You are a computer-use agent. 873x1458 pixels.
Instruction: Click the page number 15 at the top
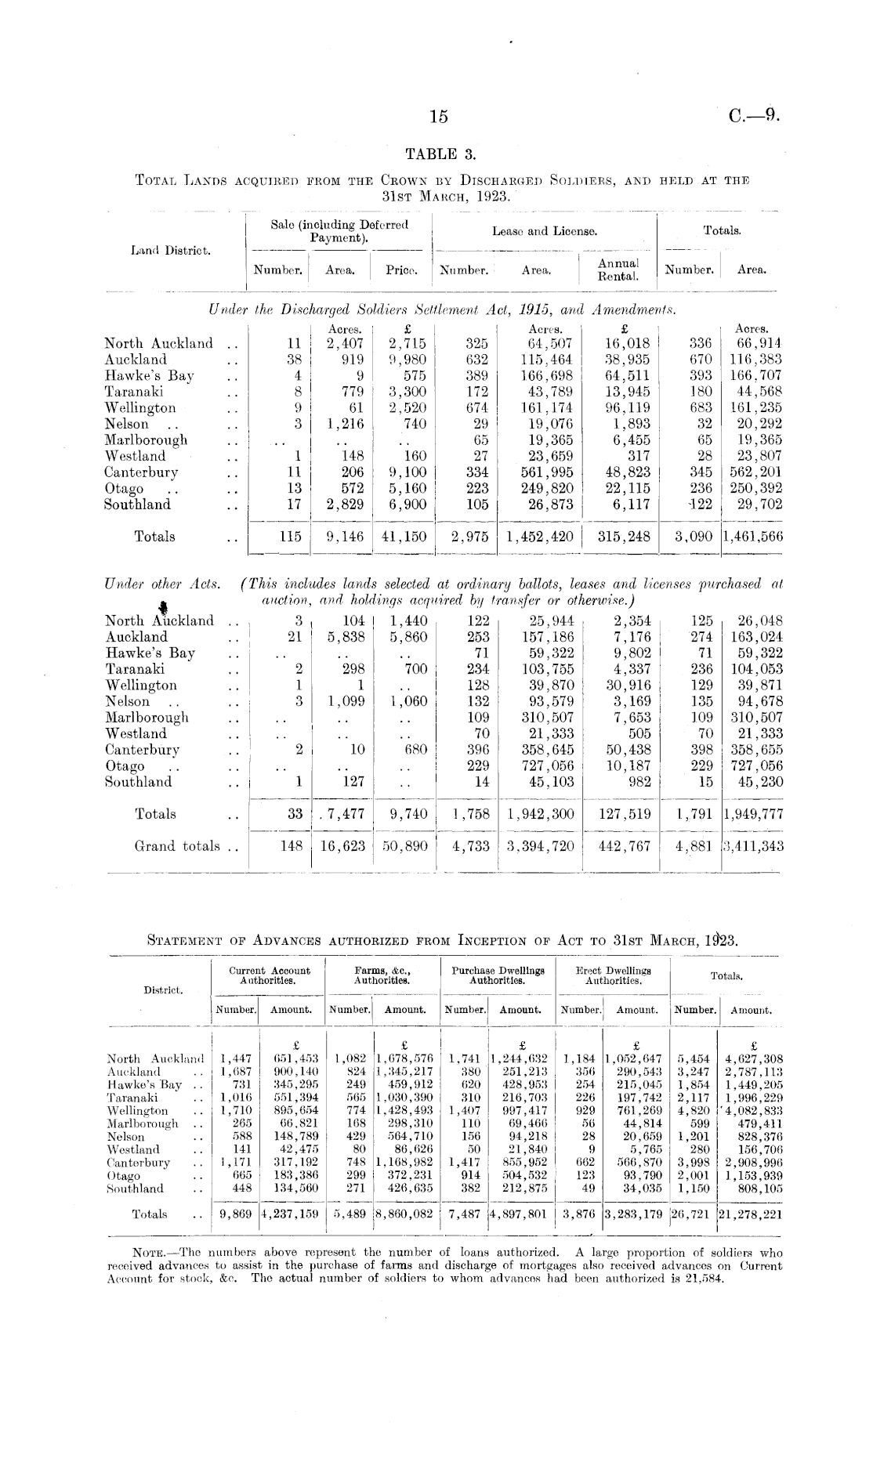pyautogui.click(x=439, y=117)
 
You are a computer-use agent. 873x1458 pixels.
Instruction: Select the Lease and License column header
pyautogui.click(x=545, y=231)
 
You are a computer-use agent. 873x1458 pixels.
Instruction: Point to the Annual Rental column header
pyautogui.click(x=618, y=270)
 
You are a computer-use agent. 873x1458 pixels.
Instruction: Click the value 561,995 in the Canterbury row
pyautogui.click(x=546, y=472)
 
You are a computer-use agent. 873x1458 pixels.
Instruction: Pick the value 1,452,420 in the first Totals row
pyautogui.click(x=540, y=537)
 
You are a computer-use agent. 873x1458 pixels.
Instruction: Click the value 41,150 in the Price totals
pyautogui.click(x=404, y=537)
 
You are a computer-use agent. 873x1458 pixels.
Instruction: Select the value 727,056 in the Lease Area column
pyautogui.click(x=547, y=765)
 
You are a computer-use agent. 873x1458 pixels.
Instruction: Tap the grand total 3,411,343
pyautogui.click(x=752, y=846)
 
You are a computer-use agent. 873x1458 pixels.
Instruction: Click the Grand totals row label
pyautogui.click(x=177, y=846)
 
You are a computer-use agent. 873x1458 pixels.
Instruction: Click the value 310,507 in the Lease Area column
pyautogui.click(x=547, y=717)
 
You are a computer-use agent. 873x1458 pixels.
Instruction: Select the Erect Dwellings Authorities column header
pyautogui.click(x=613, y=975)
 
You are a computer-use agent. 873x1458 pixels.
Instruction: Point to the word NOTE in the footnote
pyautogui.click(x=150, y=1252)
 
